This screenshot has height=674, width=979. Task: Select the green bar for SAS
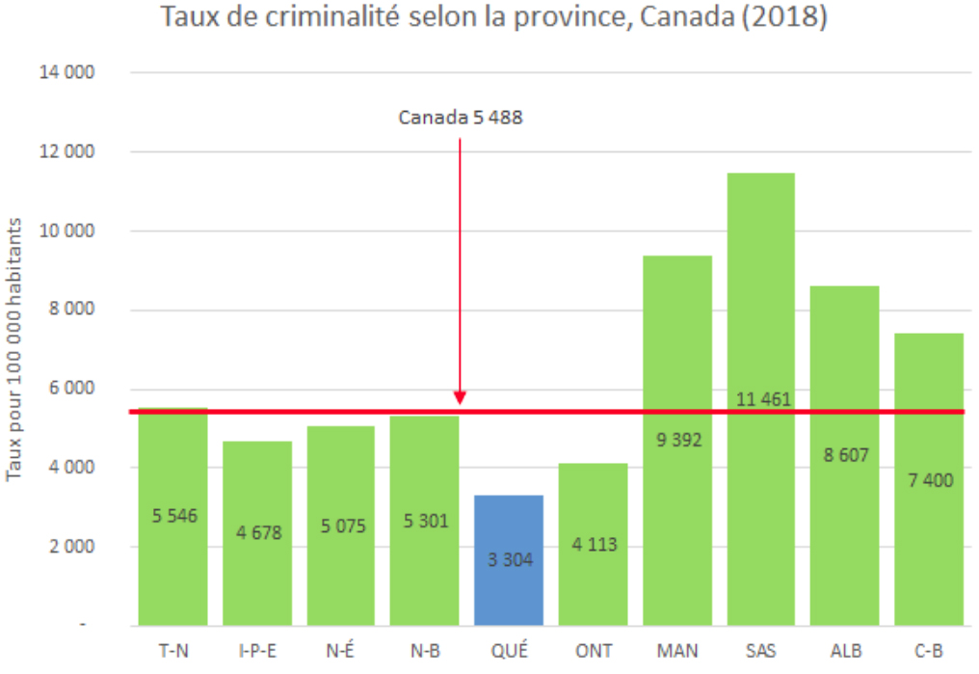pyautogui.click(x=760, y=289)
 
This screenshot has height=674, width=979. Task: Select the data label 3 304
pyautogui.click(x=509, y=558)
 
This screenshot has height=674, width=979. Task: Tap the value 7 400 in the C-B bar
pyautogui.click(x=929, y=479)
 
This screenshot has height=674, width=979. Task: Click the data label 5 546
pyautogui.click(x=174, y=516)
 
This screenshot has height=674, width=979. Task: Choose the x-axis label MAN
pyautogui.click(x=677, y=651)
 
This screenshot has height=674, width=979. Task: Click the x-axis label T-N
pyautogui.click(x=173, y=651)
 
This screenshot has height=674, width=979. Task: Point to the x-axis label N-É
pyautogui.click(x=341, y=651)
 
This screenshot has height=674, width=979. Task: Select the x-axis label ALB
pyautogui.click(x=845, y=651)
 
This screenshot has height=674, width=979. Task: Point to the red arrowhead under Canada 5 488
pyautogui.click(x=461, y=397)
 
